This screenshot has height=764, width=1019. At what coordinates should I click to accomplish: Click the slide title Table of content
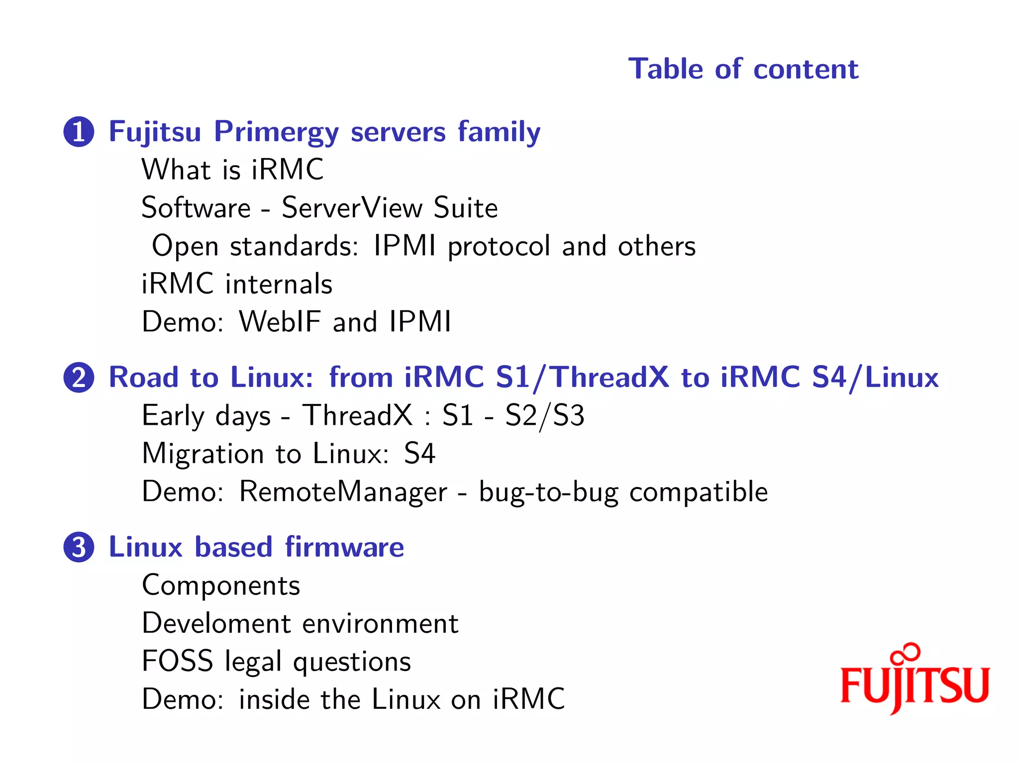coord(743,69)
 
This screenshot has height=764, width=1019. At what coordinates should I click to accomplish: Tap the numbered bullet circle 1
coord(79,132)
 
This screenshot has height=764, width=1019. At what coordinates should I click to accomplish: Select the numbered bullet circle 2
coord(79,378)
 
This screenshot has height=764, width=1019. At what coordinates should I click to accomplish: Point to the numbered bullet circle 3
coord(79,547)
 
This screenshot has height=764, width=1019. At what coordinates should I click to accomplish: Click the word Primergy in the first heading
coord(276,132)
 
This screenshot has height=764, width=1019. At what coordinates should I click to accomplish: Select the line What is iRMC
coord(232,170)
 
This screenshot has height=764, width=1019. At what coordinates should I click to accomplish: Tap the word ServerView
coord(352,207)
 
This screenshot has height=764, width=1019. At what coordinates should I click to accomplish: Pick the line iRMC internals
coord(237,284)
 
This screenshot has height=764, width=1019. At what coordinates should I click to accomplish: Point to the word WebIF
coord(280,322)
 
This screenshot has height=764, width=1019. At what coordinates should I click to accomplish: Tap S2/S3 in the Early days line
coord(544,416)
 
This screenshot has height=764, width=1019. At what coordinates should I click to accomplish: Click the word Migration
coord(203,454)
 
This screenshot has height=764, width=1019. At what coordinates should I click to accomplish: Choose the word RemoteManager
coord(343,492)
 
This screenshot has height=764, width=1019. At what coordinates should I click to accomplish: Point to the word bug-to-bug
coord(548,492)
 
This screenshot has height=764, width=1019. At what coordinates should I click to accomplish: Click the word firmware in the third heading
coord(344,547)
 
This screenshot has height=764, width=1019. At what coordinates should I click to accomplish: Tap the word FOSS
coord(177,661)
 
